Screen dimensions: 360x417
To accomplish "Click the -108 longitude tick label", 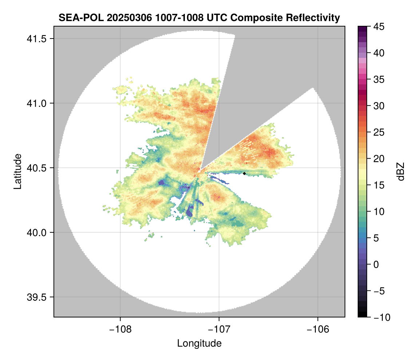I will pos(120,329).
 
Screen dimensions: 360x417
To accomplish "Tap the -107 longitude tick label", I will pos(219,329).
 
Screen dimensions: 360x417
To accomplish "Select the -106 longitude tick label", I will pos(318,329).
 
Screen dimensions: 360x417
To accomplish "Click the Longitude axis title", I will pos(199,343).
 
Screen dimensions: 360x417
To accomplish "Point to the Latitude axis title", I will pos(17,171).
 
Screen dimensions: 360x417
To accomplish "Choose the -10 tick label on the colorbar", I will pos(380,317).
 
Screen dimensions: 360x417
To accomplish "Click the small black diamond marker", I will pos(245,173).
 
